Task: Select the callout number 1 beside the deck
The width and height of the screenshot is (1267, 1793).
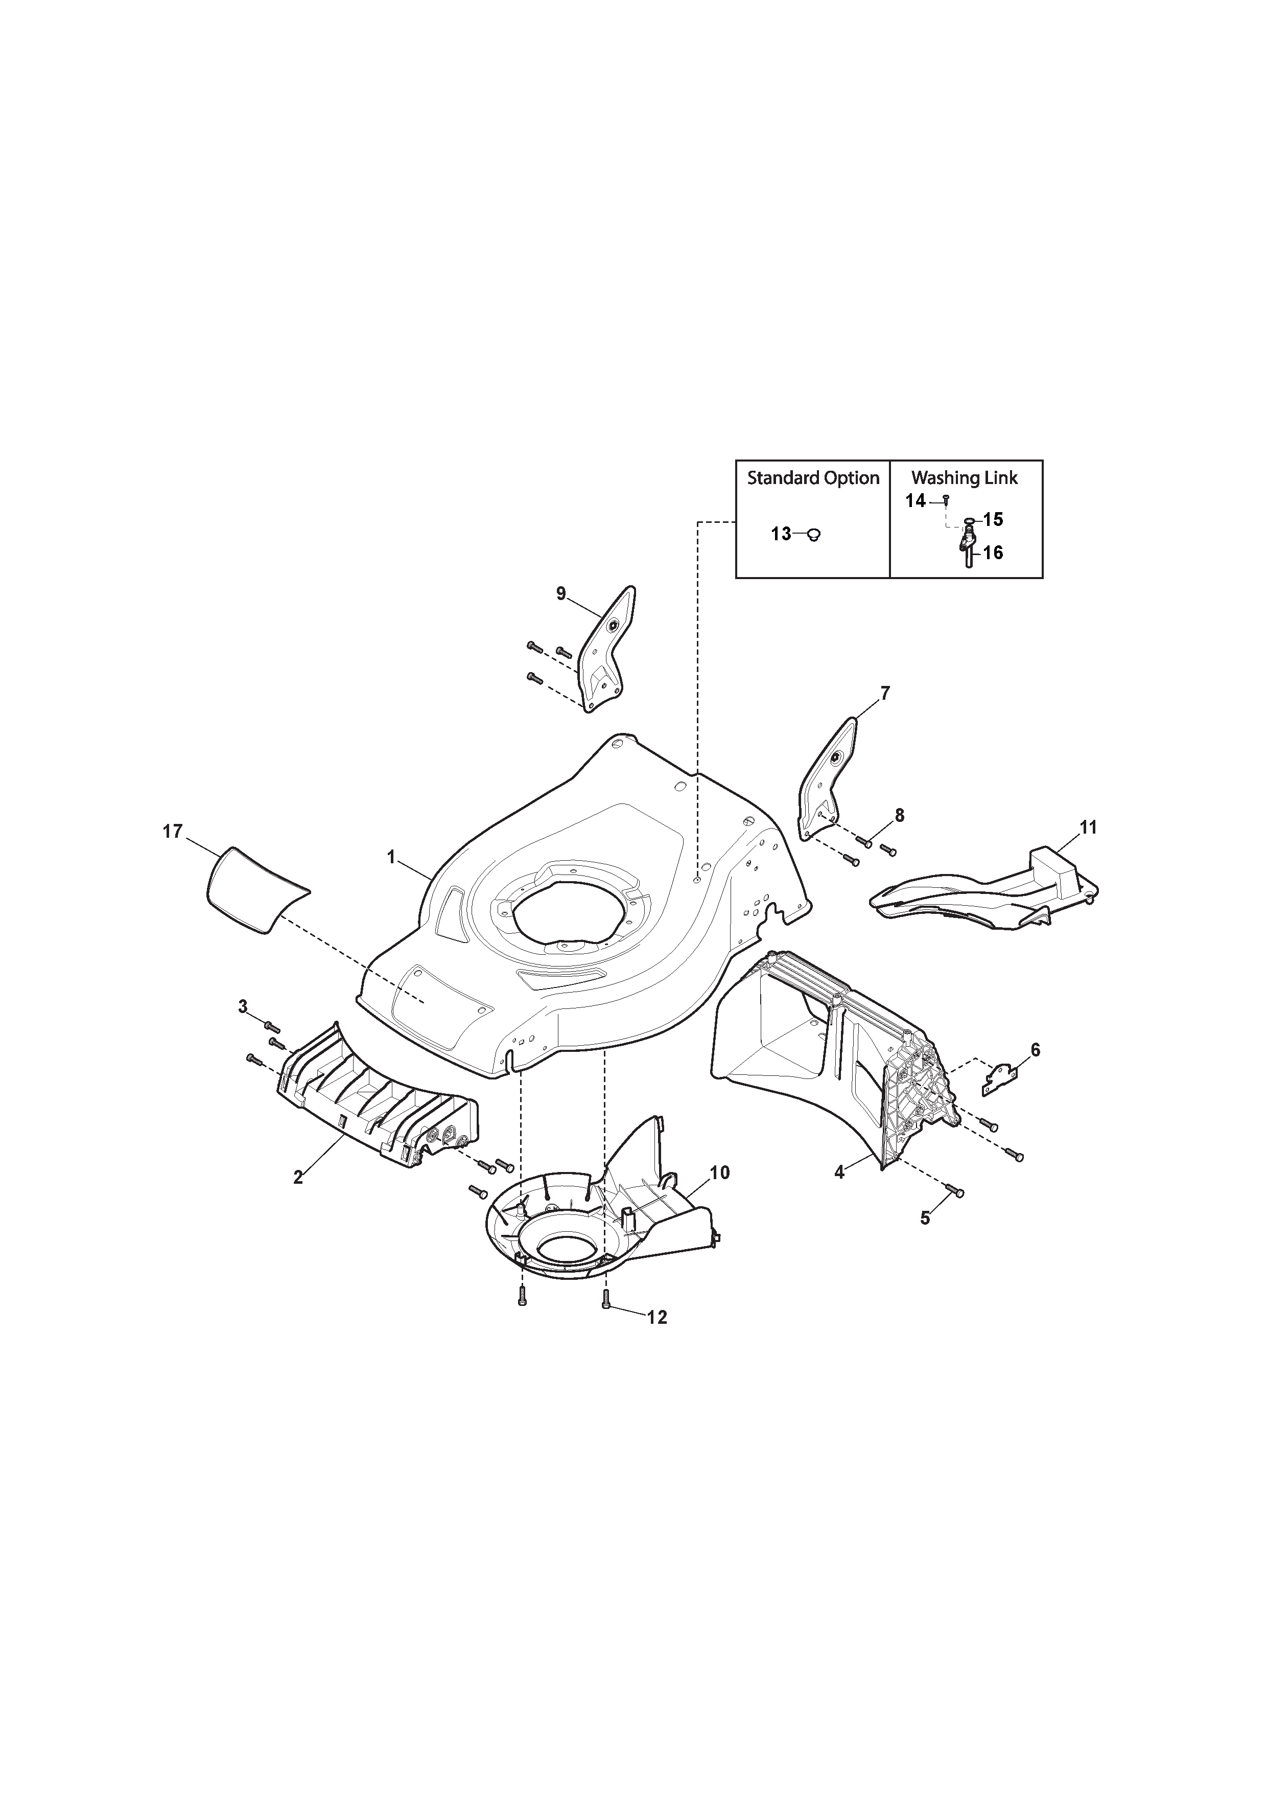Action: [392, 858]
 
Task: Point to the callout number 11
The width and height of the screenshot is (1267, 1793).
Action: [1088, 827]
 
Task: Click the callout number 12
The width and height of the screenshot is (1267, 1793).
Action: [658, 1318]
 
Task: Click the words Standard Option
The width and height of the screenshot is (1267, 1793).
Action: [813, 478]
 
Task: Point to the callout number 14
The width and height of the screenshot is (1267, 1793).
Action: [916, 500]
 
